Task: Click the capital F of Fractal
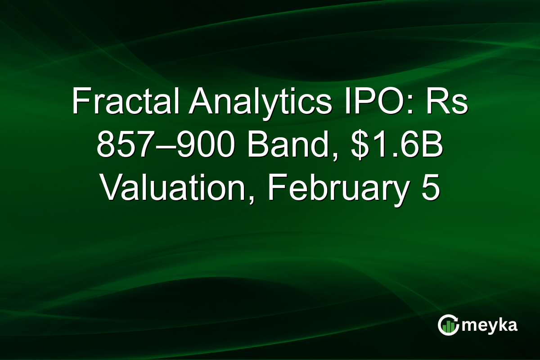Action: pos(79,103)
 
